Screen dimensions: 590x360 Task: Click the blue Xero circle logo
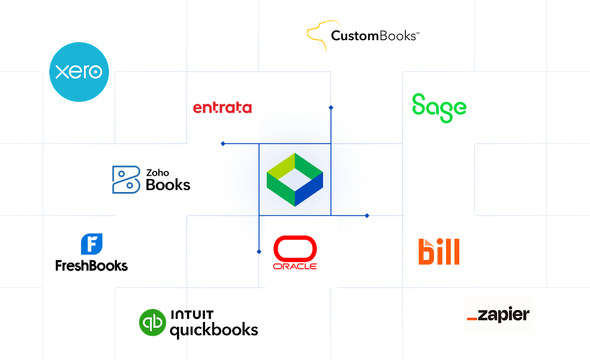[79, 72]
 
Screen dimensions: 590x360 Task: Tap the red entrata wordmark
[222, 107]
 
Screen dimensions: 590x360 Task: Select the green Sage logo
[439, 108]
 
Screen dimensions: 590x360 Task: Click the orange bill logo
[439, 251]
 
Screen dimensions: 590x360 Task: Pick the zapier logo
[498, 315]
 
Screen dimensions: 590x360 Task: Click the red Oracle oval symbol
[295, 248]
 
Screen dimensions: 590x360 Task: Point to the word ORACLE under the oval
[296, 266]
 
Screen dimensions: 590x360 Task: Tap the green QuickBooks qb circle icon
[152, 322]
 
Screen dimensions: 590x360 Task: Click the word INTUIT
[192, 314]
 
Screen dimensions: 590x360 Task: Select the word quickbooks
[214, 330]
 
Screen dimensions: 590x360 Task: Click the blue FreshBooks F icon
[92, 244]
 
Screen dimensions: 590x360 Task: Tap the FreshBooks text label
[91, 266]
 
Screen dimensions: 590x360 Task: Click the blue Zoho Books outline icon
[126, 179]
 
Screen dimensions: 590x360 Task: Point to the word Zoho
[158, 173]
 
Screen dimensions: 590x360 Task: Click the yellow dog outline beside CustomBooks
[318, 35]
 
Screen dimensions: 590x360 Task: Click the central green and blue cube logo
[295, 179]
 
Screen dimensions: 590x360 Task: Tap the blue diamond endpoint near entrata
[223, 143]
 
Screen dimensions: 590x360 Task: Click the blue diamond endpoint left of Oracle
[259, 251]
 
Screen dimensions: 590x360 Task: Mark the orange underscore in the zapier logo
[472, 319]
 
